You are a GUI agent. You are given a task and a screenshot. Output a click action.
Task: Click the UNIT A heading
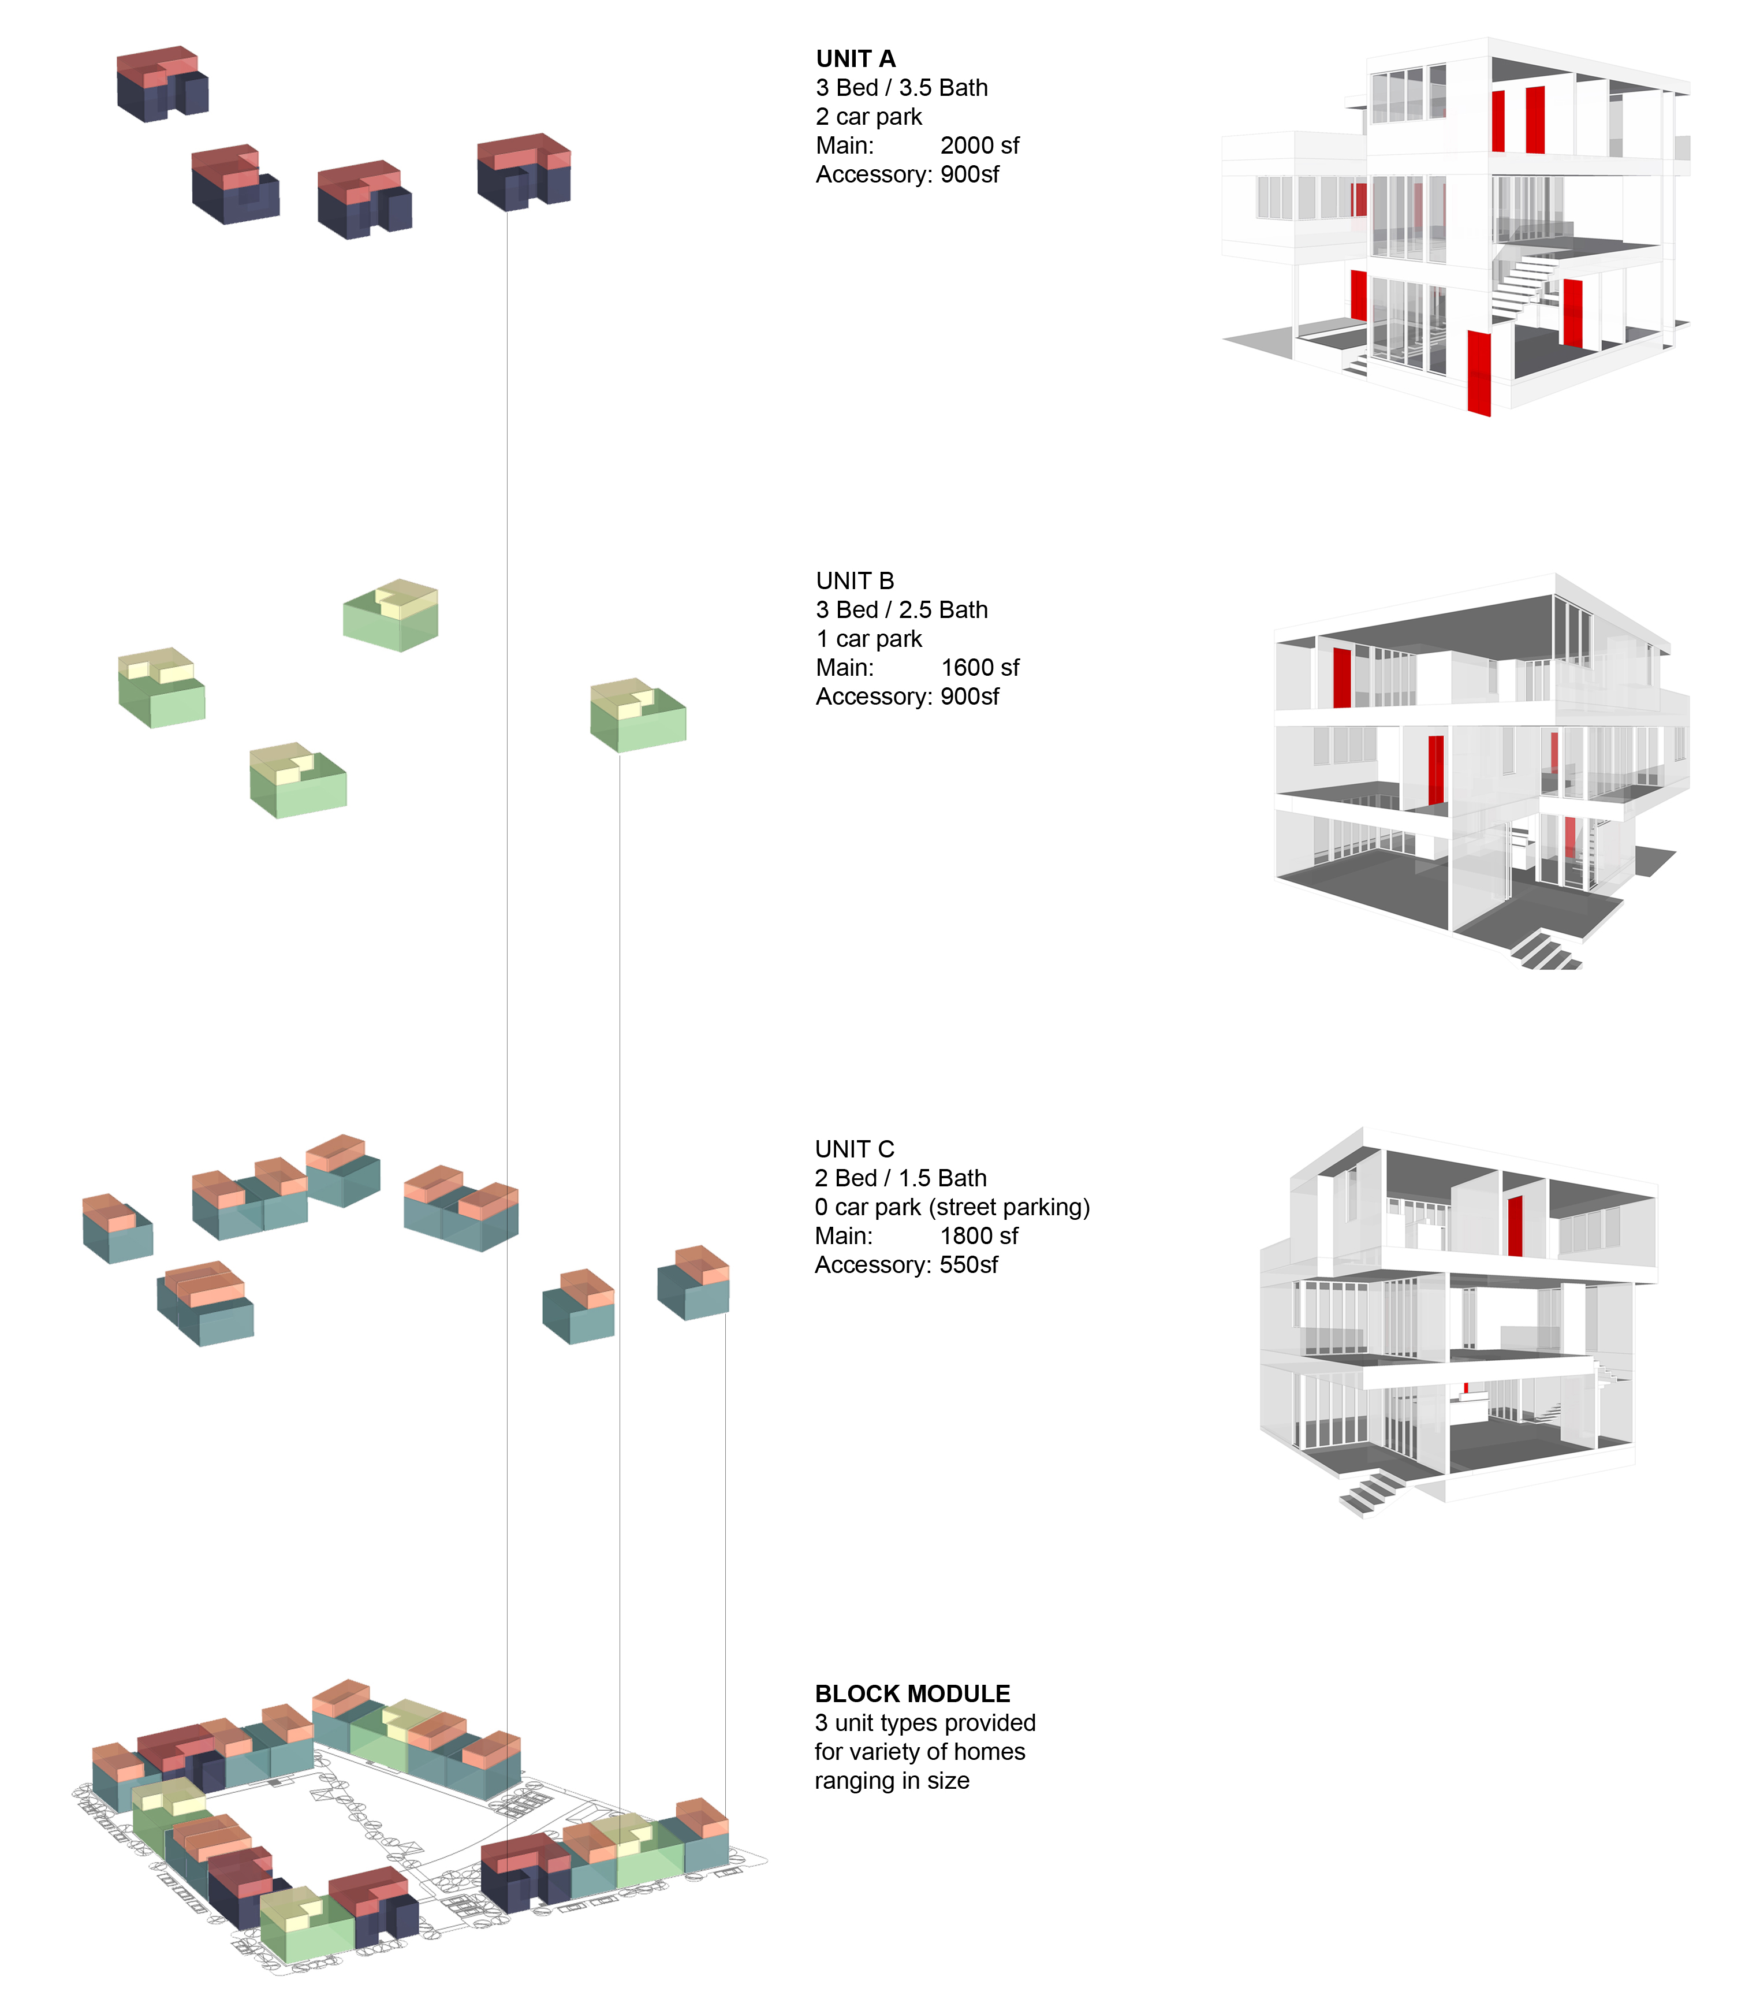coord(856,59)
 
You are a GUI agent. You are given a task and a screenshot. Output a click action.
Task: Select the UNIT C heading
coord(855,1149)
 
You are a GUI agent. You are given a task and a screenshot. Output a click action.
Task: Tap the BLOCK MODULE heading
coord(912,1694)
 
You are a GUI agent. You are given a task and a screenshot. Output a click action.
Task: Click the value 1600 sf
coord(980,668)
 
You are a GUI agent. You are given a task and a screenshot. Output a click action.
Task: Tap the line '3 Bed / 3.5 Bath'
coord(901,88)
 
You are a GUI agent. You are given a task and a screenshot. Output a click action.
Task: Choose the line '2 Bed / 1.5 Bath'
coord(901,1178)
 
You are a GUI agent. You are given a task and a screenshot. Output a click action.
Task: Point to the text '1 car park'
coord(869,639)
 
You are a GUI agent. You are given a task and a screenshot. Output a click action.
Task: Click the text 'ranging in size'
coord(892,1781)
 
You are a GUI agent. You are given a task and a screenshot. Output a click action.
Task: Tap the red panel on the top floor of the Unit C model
coord(1515,1226)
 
